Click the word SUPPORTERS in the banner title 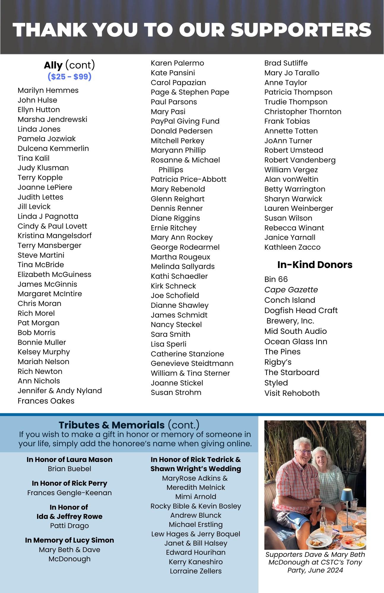(301, 30)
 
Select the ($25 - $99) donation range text (69, 77)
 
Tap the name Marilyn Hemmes (48, 90)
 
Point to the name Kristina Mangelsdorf (55, 236)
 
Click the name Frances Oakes (46, 401)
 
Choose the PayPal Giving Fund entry (185, 121)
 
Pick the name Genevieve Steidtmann (192, 364)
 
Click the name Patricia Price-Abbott (188, 179)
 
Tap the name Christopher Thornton (303, 112)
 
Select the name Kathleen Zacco (292, 247)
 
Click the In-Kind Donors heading (315, 264)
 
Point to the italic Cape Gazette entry (291, 290)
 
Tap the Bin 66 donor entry (276, 279)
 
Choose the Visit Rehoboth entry (292, 393)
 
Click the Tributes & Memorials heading (112, 425)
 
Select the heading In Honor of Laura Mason (69, 460)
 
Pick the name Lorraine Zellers (196, 571)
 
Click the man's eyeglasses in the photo (304, 452)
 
